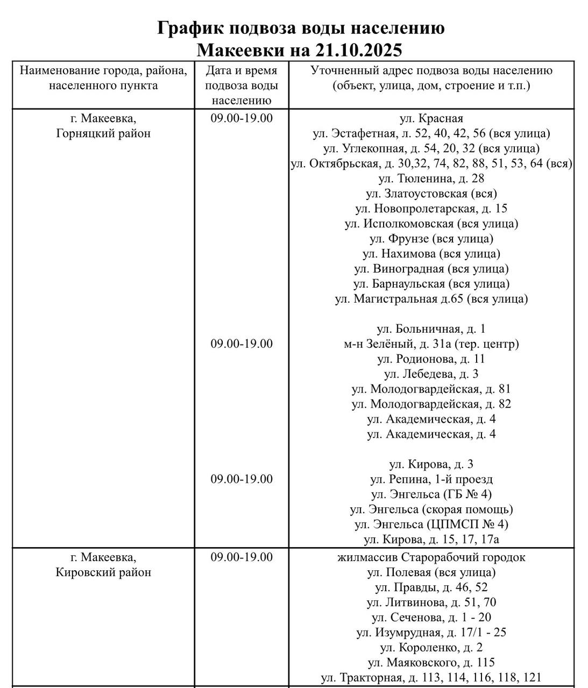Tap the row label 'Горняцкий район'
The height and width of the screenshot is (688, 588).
point(103,133)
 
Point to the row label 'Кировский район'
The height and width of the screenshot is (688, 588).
point(103,572)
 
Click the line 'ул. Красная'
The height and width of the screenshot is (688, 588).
point(431,118)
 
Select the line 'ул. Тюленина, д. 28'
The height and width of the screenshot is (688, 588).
point(431,178)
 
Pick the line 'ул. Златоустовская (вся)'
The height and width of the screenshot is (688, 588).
point(431,193)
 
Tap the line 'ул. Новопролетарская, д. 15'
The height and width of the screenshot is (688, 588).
point(431,209)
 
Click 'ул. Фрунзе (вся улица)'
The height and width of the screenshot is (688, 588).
point(431,239)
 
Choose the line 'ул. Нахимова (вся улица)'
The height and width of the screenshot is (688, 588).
point(431,254)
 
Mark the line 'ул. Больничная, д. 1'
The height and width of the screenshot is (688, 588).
point(431,329)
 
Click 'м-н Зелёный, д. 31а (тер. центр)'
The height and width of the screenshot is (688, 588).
point(431,344)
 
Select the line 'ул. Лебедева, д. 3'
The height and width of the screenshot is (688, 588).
point(431,374)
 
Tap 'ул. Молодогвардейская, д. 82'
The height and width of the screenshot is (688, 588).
point(431,404)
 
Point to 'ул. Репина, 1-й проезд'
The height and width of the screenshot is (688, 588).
point(431,479)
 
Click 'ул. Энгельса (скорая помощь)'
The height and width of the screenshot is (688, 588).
point(431,509)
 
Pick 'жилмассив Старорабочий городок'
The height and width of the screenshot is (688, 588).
point(431,557)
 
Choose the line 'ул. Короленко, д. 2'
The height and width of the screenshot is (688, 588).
point(431,648)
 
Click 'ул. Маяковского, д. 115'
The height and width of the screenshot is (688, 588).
point(431,663)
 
